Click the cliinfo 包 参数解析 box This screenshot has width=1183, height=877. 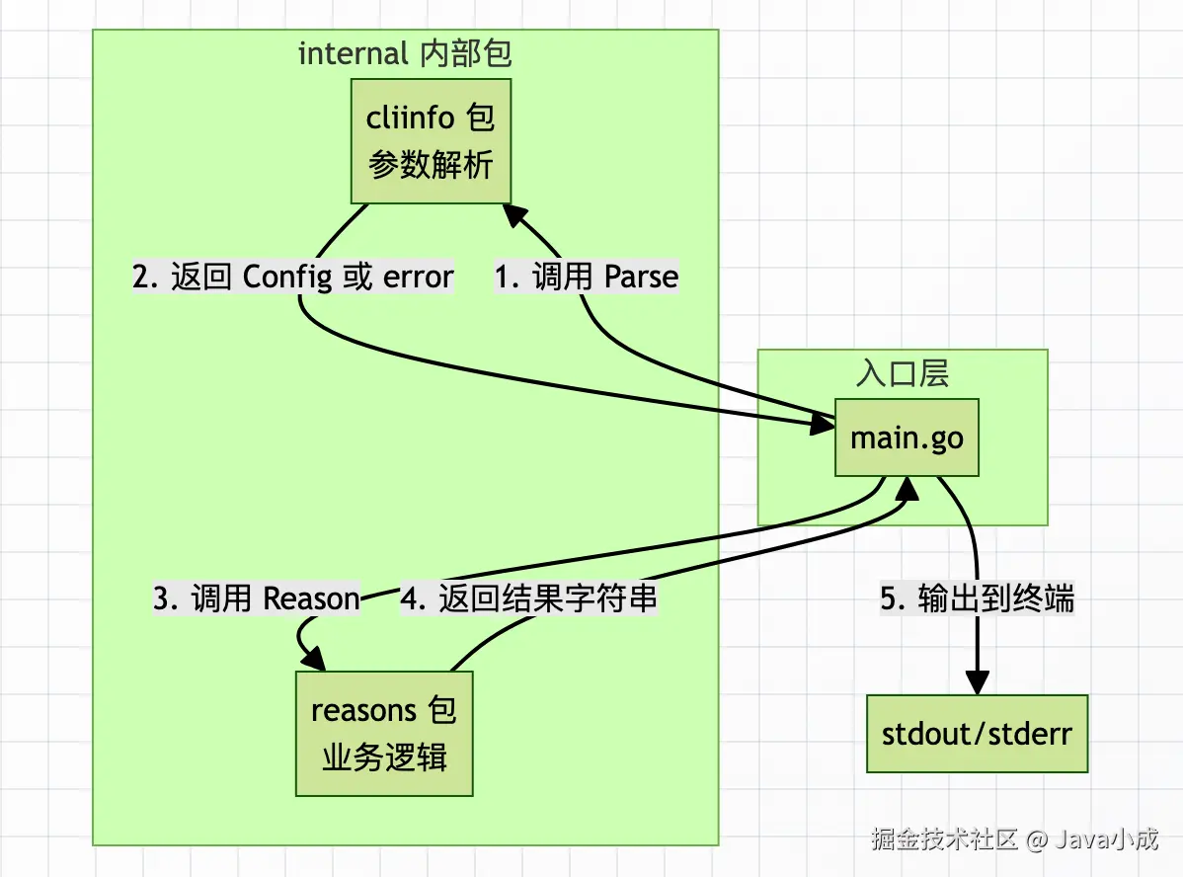(432, 141)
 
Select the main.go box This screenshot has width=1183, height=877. (907, 437)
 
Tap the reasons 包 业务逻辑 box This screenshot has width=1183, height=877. (384, 734)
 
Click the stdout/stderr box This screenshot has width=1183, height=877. (977, 734)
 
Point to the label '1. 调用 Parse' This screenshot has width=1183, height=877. (587, 278)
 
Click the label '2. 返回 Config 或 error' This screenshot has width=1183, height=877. (293, 278)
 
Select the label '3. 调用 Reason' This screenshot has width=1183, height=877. (257, 598)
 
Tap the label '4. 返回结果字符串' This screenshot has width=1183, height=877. (529, 598)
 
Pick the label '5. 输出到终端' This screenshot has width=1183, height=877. (977, 598)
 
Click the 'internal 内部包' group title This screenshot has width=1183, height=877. (405, 53)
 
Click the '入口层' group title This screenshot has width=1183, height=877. (902, 373)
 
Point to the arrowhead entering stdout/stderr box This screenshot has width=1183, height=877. (977, 683)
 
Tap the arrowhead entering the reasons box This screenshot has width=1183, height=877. (314, 659)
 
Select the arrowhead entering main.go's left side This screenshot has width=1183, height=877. (823, 425)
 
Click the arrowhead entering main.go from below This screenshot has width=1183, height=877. (907, 487)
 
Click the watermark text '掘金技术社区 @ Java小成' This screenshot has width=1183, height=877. (1015, 840)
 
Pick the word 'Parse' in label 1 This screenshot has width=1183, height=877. (642, 278)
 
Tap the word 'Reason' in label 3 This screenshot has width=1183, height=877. (312, 598)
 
